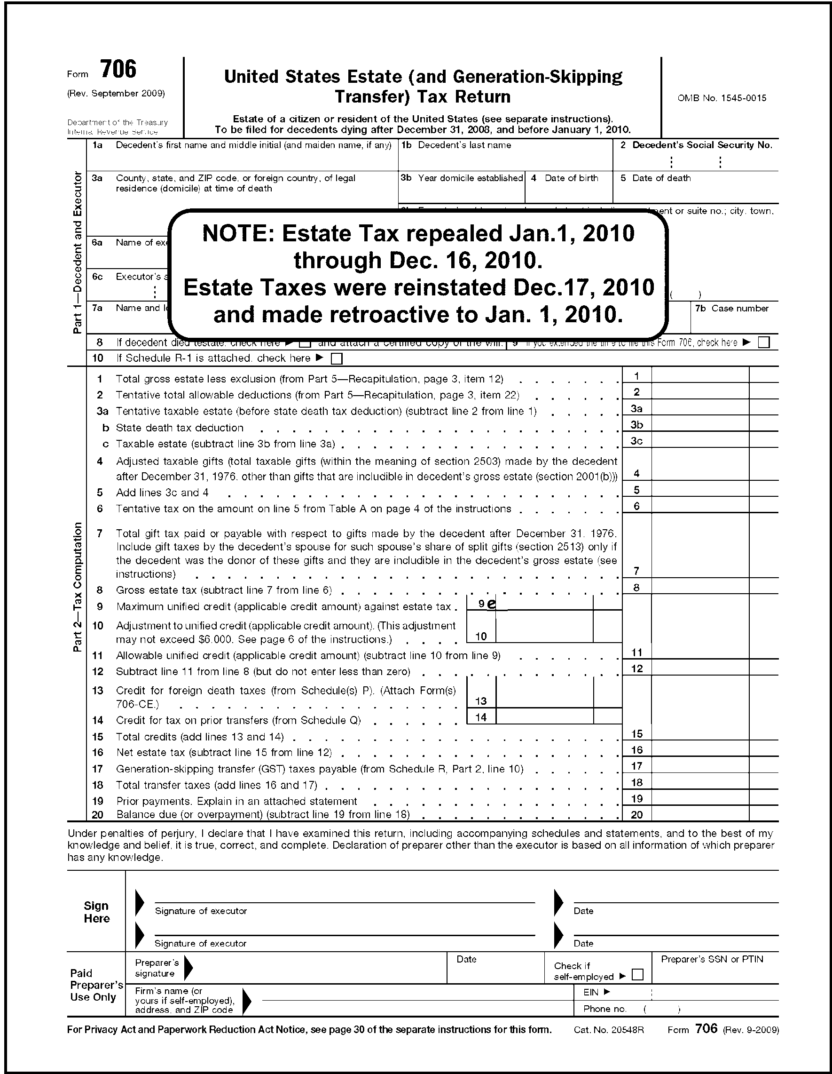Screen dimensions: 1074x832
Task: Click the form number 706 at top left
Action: pos(118,69)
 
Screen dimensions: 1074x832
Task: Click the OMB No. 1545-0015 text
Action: pos(722,98)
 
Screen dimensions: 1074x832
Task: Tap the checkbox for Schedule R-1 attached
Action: pos(337,359)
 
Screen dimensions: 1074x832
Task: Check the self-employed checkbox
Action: pos(637,974)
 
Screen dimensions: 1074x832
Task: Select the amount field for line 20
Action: pos(700,814)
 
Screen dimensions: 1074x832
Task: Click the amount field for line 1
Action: pos(700,376)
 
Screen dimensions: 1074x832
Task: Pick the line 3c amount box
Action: pos(700,441)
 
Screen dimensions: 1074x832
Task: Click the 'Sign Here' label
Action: pos(96,912)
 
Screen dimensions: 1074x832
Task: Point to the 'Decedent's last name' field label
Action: pos(464,145)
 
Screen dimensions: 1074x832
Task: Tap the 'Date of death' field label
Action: pos(661,178)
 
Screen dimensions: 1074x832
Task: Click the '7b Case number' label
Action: pos(732,308)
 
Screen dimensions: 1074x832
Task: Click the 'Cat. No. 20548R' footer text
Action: pos(608,1030)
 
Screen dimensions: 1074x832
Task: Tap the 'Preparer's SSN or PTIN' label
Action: pos(712,959)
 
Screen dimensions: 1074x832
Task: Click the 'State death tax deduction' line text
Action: pos(180,428)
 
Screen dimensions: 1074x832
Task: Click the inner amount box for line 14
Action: pos(544,717)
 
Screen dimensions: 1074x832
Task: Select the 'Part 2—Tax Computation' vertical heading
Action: pos(78,587)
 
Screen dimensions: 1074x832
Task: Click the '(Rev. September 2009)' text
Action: pos(116,94)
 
